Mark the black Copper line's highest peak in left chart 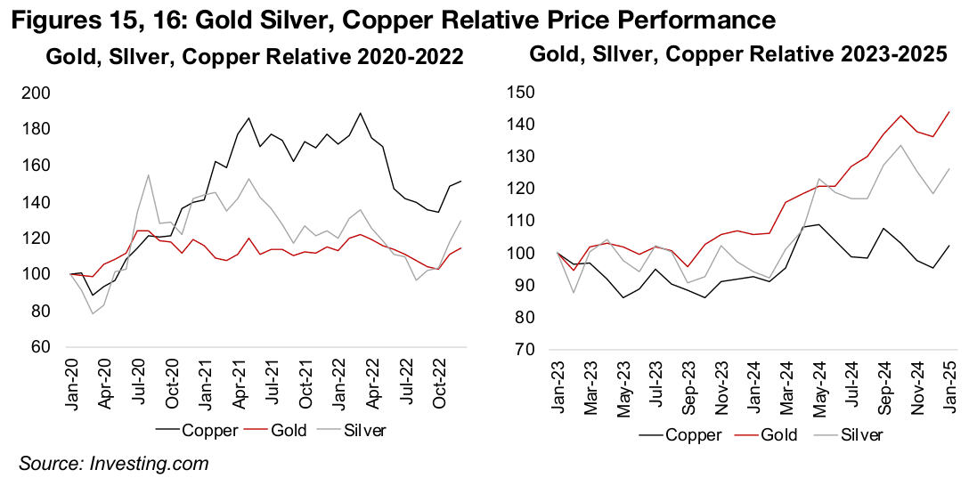click(360, 113)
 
